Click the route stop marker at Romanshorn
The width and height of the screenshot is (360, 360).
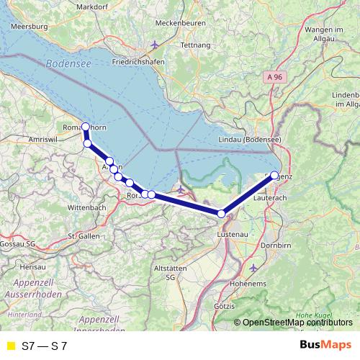[x=86, y=127]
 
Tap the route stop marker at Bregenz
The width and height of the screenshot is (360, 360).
[x=274, y=175]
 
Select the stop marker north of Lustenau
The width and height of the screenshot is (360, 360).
[x=222, y=213]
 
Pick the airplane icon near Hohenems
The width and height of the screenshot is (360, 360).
[x=253, y=267]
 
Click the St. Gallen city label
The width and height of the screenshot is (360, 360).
[x=82, y=235]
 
